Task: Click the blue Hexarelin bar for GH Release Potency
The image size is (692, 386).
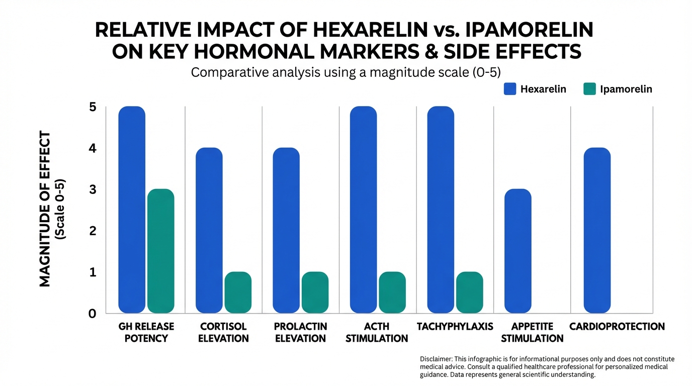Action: (132, 210)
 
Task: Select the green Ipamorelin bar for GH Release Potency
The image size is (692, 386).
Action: (160, 251)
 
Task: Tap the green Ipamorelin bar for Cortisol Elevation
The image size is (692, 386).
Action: (238, 292)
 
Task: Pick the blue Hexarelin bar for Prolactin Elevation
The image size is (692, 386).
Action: (286, 230)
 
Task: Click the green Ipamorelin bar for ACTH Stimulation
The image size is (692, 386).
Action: (392, 292)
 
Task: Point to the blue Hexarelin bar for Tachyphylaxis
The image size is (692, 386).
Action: (441, 210)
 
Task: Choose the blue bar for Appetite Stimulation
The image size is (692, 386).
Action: (517, 251)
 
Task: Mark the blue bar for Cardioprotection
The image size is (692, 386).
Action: (597, 230)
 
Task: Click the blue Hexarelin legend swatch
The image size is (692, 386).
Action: (509, 89)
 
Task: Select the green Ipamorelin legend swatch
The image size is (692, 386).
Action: (589, 89)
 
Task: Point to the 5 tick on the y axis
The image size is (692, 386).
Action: (93, 107)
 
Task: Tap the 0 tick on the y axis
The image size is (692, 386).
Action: (93, 314)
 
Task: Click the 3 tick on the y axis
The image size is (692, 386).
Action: (93, 189)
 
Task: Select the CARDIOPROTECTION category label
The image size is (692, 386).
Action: (617, 327)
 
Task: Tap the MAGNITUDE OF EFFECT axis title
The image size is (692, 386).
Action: (45, 209)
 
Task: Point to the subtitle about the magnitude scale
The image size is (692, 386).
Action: (346, 72)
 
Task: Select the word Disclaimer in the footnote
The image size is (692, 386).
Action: (436, 359)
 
